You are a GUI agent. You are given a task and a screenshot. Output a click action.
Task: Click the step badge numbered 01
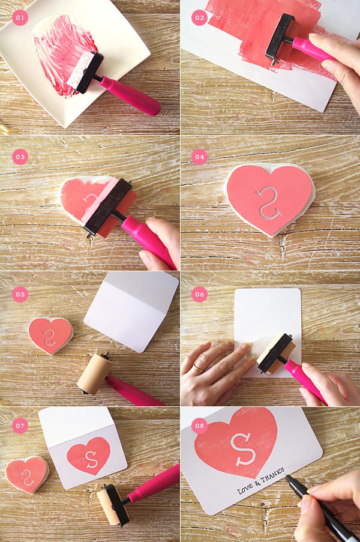20,17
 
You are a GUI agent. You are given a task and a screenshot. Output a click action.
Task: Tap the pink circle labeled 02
199,17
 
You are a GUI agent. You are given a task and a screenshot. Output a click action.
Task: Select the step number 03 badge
20,157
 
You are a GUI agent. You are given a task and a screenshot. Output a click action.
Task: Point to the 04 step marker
199,157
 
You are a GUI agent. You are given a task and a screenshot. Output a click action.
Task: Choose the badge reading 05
20,294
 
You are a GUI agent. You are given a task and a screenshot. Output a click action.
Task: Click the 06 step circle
199,294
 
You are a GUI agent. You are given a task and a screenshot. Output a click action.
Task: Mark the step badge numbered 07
20,426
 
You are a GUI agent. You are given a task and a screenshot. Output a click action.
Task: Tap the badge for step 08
199,426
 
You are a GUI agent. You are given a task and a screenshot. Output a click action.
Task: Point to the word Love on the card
245,488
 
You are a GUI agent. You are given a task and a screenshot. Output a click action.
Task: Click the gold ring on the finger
199,368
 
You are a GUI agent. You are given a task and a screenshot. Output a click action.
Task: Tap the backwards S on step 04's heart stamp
268,203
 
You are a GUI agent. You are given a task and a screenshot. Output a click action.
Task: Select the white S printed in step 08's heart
243,450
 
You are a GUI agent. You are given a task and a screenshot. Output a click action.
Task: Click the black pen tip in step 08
287,477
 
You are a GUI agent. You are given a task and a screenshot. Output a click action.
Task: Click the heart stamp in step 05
50,336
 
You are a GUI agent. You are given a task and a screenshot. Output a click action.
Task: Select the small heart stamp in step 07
27,474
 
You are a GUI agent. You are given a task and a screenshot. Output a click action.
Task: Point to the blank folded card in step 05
131,311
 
